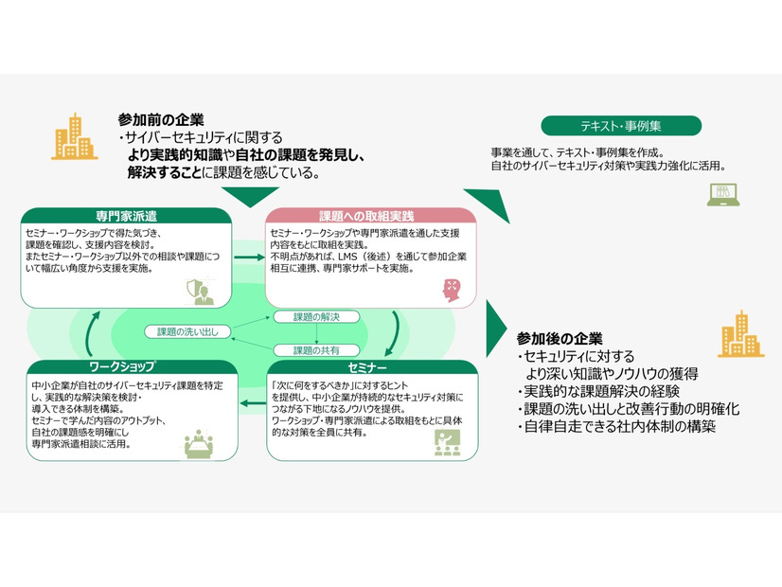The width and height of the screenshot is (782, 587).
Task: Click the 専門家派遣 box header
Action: click(126, 216)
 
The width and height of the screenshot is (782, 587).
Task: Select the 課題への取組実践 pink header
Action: click(366, 216)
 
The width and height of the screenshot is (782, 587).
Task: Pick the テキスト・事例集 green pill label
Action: click(621, 126)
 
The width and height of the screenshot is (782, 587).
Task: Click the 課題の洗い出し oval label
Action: click(187, 331)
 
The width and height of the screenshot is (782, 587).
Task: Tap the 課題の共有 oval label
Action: click(315, 349)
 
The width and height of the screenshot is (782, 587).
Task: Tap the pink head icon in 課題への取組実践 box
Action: click(451, 291)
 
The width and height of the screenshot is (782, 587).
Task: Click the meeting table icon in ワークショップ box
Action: click(200, 442)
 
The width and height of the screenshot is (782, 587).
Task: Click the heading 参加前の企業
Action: click(161, 119)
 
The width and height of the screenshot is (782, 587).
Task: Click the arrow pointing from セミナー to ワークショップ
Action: click(250, 404)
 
